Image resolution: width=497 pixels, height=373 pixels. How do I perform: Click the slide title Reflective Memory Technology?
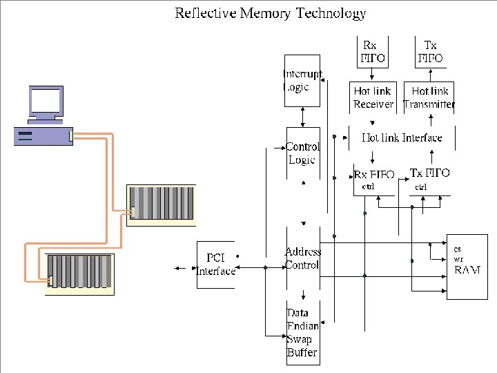(x=270, y=13)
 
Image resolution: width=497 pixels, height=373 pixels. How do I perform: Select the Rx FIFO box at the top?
(x=370, y=51)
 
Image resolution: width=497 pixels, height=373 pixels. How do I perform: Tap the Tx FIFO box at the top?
(x=430, y=51)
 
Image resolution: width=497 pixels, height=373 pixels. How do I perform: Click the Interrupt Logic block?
(x=302, y=80)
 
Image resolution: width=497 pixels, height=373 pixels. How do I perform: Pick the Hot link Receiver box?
(x=373, y=97)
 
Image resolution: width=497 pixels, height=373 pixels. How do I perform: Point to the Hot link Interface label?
(x=402, y=137)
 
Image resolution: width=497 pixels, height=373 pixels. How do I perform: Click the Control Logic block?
(x=302, y=153)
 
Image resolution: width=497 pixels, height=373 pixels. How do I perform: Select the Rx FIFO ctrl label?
(x=373, y=180)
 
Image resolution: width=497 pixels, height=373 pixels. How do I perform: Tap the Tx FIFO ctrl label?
(x=429, y=178)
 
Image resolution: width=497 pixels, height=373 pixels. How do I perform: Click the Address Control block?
(x=302, y=258)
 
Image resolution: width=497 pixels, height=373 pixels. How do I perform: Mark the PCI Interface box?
(x=215, y=264)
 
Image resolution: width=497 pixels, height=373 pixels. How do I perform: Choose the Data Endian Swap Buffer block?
(x=302, y=332)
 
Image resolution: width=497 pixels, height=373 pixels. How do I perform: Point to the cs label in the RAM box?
(x=457, y=249)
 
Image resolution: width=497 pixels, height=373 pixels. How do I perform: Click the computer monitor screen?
(x=46, y=102)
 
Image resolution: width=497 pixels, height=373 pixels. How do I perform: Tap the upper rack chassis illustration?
(x=162, y=204)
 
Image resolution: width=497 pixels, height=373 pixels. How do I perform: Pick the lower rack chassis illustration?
(x=79, y=274)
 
